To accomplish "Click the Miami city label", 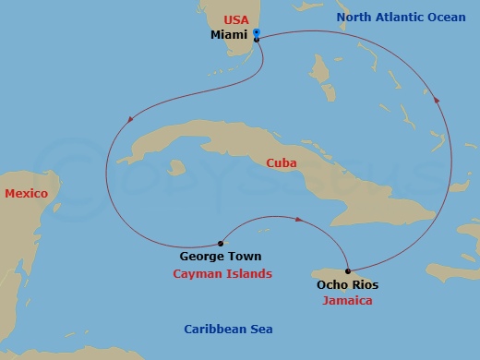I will [x=229, y=34].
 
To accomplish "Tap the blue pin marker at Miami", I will [x=257, y=33].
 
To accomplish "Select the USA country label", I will [x=237, y=18].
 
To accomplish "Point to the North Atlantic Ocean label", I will [x=401, y=18].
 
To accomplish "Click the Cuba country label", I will [x=281, y=162].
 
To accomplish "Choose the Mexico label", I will [x=26, y=193].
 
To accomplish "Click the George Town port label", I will [x=221, y=257].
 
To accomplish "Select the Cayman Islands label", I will [x=222, y=274].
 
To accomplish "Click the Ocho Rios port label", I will [x=347, y=285].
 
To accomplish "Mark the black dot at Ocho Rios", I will [x=348, y=270].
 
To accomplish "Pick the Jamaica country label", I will [x=348, y=301].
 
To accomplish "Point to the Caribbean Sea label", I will [x=228, y=330].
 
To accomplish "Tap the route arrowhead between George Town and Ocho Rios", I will [x=300, y=220].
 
